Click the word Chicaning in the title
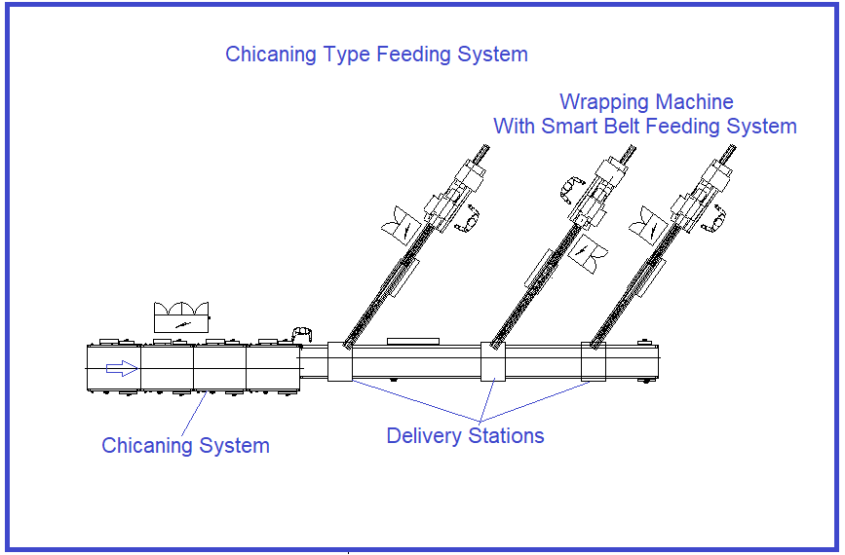[271, 55]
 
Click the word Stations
[506, 435]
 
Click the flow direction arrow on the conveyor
[122, 368]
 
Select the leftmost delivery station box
[340, 362]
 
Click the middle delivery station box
[493, 362]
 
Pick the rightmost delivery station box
[594, 362]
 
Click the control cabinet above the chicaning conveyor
[181, 317]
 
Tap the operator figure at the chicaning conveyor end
[302, 334]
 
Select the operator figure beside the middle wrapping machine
[571, 189]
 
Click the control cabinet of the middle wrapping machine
[588, 253]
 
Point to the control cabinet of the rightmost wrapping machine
[649, 226]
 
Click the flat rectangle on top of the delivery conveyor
[413, 342]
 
